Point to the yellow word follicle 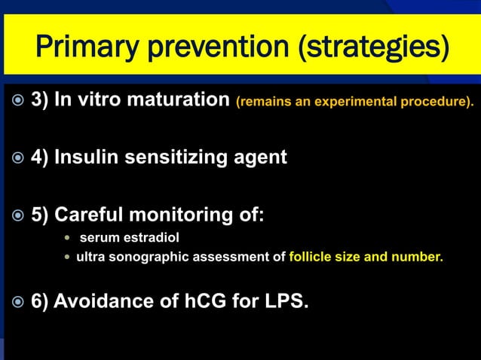pyautogui.click(x=311, y=257)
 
